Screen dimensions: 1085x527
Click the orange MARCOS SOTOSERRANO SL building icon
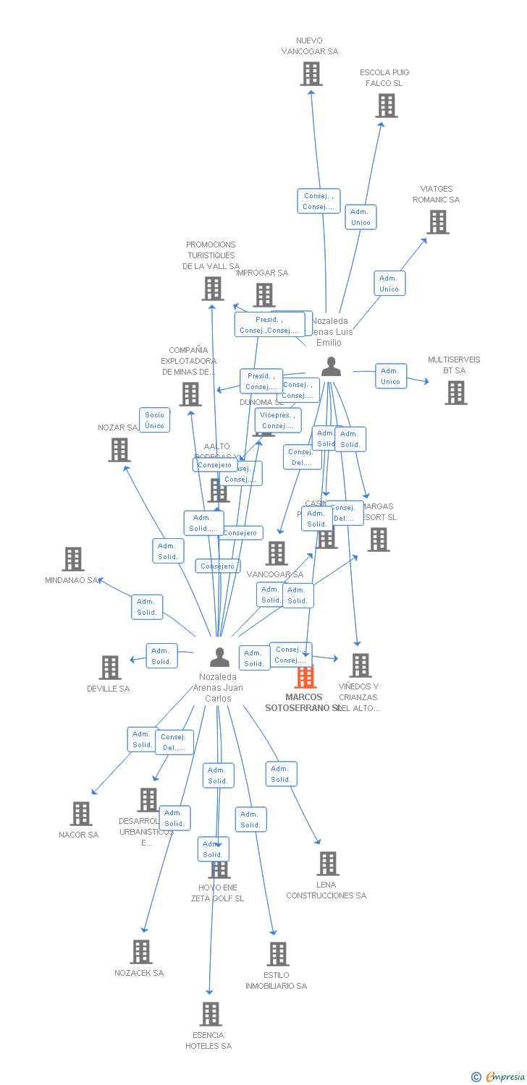[x=305, y=677]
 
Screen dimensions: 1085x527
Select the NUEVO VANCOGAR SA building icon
[x=311, y=74]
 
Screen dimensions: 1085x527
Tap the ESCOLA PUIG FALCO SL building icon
[x=387, y=106]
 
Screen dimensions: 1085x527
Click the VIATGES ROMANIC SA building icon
[x=438, y=222]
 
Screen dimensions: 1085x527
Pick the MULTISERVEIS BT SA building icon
[x=456, y=393]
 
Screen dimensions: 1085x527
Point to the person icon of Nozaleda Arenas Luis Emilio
[x=331, y=367]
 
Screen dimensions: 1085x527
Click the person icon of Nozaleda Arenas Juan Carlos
[x=219, y=658]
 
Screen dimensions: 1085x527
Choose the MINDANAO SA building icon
[x=73, y=559]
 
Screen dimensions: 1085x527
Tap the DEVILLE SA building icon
[x=110, y=668]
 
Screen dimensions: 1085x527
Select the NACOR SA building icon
[x=81, y=814]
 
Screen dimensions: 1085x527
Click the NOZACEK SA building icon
[x=141, y=952]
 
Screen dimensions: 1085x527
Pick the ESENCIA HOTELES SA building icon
[x=211, y=1014]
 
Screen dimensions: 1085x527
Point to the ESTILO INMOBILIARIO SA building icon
[x=278, y=954]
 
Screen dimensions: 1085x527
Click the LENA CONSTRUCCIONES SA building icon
[x=328, y=864]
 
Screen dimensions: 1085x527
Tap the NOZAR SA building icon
[x=119, y=450]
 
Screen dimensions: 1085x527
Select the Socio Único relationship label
[x=154, y=420]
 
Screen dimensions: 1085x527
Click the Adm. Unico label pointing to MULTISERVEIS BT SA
[x=390, y=376]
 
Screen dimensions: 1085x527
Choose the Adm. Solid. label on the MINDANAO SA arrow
[x=147, y=607]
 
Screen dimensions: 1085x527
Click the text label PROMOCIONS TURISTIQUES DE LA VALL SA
[x=211, y=255]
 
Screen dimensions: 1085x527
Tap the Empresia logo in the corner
[x=497, y=1076]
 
